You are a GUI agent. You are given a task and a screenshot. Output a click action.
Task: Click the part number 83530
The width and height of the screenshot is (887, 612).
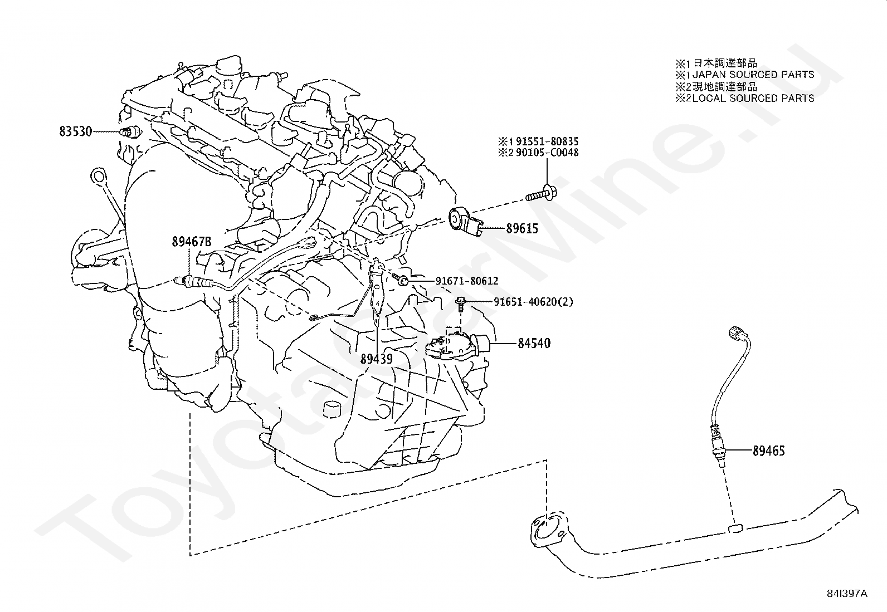click(x=76, y=131)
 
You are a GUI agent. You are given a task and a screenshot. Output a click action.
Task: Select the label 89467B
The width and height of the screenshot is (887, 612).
click(x=192, y=242)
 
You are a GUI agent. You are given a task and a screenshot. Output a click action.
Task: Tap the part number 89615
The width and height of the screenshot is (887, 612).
click(x=522, y=228)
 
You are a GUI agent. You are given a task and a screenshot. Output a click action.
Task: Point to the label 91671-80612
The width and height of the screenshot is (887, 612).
click(x=467, y=281)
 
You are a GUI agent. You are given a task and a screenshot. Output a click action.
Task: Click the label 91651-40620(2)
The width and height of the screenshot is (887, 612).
click(x=533, y=302)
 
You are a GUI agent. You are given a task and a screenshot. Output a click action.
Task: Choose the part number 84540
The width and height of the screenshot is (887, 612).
click(x=534, y=343)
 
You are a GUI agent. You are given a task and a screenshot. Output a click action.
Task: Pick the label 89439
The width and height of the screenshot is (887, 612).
click(x=377, y=359)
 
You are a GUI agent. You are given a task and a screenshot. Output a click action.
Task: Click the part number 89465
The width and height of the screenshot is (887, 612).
click(x=768, y=451)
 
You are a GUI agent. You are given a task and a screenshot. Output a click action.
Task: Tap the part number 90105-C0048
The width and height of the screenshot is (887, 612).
click(x=547, y=153)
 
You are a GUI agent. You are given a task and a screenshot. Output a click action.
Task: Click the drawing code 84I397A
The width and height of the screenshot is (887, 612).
click(x=847, y=594)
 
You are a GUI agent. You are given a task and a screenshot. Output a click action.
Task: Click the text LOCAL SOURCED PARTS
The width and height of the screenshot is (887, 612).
click(x=753, y=98)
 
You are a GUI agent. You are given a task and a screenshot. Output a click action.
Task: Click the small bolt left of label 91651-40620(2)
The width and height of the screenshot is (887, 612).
click(x=460, y=303)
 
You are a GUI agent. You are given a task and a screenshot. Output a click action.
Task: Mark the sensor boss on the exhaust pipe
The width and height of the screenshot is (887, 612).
click(x=735, y=528)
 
